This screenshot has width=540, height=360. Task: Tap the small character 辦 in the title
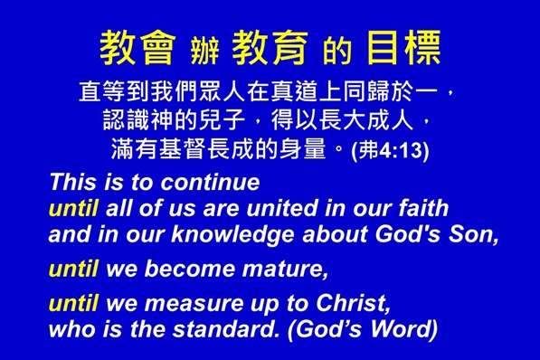click(204, 52)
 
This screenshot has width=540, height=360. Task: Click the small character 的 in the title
click(336, 52)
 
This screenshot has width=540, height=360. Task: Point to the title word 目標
click(404, 49)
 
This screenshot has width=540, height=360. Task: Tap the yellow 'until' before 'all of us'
click(73, 209)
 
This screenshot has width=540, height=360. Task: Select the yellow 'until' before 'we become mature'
click(73, 269)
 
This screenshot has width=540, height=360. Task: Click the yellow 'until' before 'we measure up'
click(73, 304)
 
